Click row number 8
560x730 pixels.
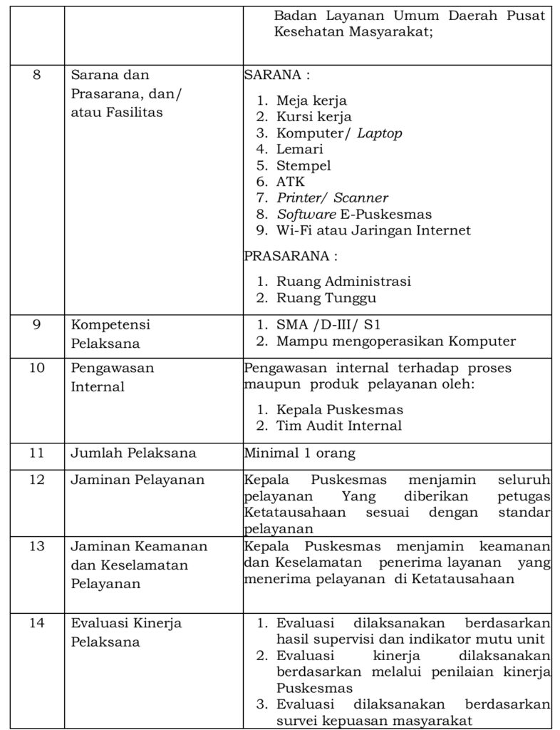pyautogui.click(x=36, y=75)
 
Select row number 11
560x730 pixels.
pyautogui.click(x=36, y=453)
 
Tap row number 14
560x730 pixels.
pyautogui.click(x=36, y=622)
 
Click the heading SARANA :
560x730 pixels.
pyautogui.click(x=276, y=75)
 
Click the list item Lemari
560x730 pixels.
pyautogui.click(x=299, y=149)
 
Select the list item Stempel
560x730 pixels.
pyautogui.click(x=304, y=165)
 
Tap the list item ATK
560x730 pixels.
pyautogui.click(x=290, y=182)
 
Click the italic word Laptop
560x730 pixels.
pyautogui.click(x=379, y=133)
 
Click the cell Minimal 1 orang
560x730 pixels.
pyautogui.click(x=299, y=453)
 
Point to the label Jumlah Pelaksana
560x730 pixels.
pyautogui.click(x=133, y=453)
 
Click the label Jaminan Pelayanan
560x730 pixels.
pyautogui.click(x=137, y=480)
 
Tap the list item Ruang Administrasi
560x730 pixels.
pyautogui.click(x=343, y=282)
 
